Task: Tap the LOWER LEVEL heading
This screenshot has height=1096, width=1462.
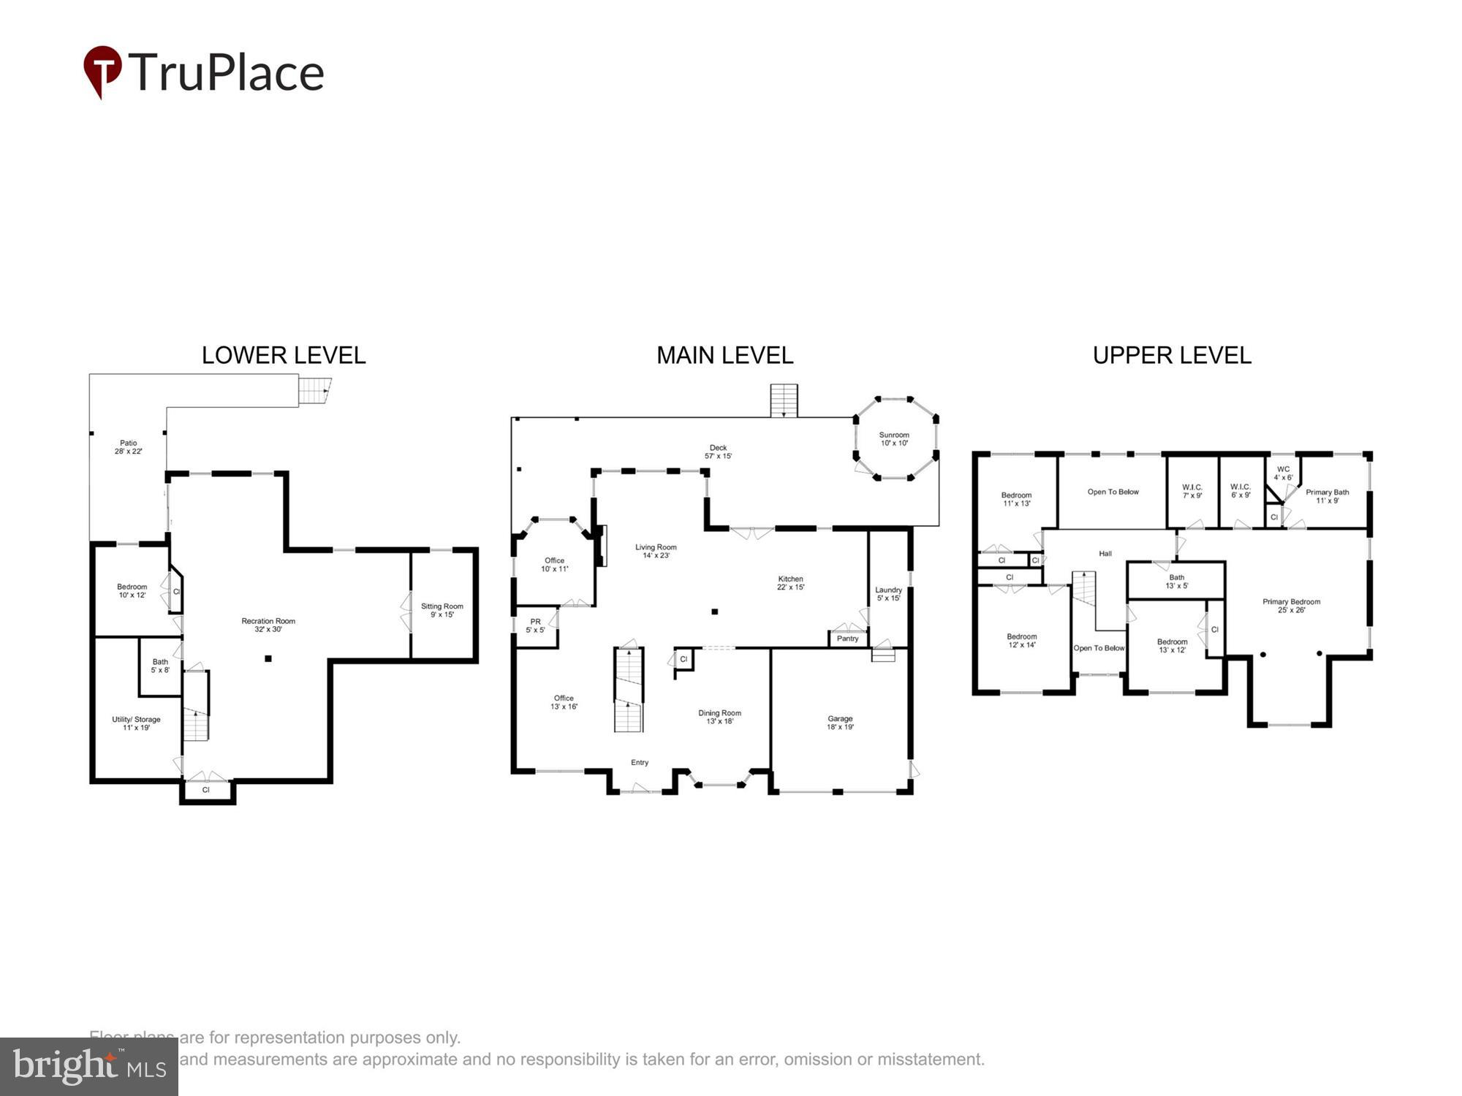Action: (x=284, y=355)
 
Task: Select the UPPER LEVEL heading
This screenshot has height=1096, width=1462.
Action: (x=1172, y=355)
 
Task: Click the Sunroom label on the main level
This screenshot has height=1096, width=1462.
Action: (x=894, y=438)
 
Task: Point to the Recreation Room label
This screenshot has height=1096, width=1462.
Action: (x=268, y=625)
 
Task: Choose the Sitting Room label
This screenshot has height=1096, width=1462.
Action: (x=442, y=610)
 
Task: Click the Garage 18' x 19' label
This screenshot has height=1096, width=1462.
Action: (x=840, y=723)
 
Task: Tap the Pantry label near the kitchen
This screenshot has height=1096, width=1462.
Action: (x=847, y=639)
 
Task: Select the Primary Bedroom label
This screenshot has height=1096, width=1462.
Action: (x=1291, y=606)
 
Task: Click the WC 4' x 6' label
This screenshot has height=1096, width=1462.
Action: (x=1283, y=473)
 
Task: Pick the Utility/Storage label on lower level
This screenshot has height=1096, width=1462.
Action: (x=136, y=723)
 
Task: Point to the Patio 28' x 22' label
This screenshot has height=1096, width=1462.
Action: (x=128, y=447)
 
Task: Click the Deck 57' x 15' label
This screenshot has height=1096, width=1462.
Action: (x=718, y=452)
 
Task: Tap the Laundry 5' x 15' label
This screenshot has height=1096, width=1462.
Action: (x=888, y=593)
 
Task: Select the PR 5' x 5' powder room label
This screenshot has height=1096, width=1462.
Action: (x=535, y=625)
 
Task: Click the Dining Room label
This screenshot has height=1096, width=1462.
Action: (x=719, y=717)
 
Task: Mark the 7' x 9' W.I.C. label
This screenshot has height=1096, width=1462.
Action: (x=1192, y=491)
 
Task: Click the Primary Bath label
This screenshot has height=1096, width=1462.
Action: (x=1327, y=496)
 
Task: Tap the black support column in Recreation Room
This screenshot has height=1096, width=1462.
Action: (x=268, y=659)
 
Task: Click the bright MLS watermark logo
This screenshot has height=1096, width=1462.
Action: (x=88, y=1067)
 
